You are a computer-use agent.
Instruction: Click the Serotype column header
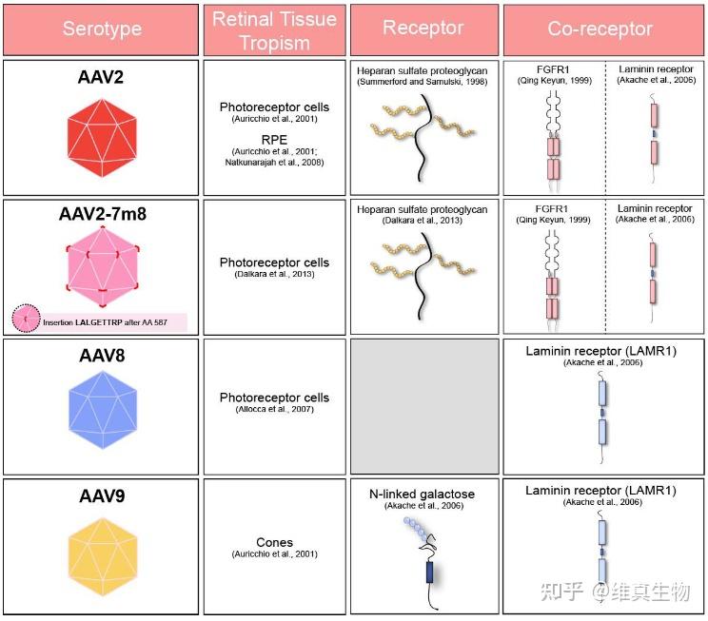coord(101,29)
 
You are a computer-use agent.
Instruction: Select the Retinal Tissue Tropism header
coord(275,29)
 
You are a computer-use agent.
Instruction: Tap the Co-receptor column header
coord(604,29)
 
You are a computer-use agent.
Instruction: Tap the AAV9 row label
coord(101,496)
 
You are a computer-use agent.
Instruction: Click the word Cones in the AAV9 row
coord(274,542)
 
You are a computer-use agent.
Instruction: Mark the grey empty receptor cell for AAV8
coord(423,406)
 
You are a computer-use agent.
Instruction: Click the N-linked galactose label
coord(423,495)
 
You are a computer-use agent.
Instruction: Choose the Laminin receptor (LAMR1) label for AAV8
coord(600,352)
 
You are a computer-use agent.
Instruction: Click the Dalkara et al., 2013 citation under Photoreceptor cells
coord(274,275)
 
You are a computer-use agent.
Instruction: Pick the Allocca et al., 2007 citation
coord(274,409)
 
